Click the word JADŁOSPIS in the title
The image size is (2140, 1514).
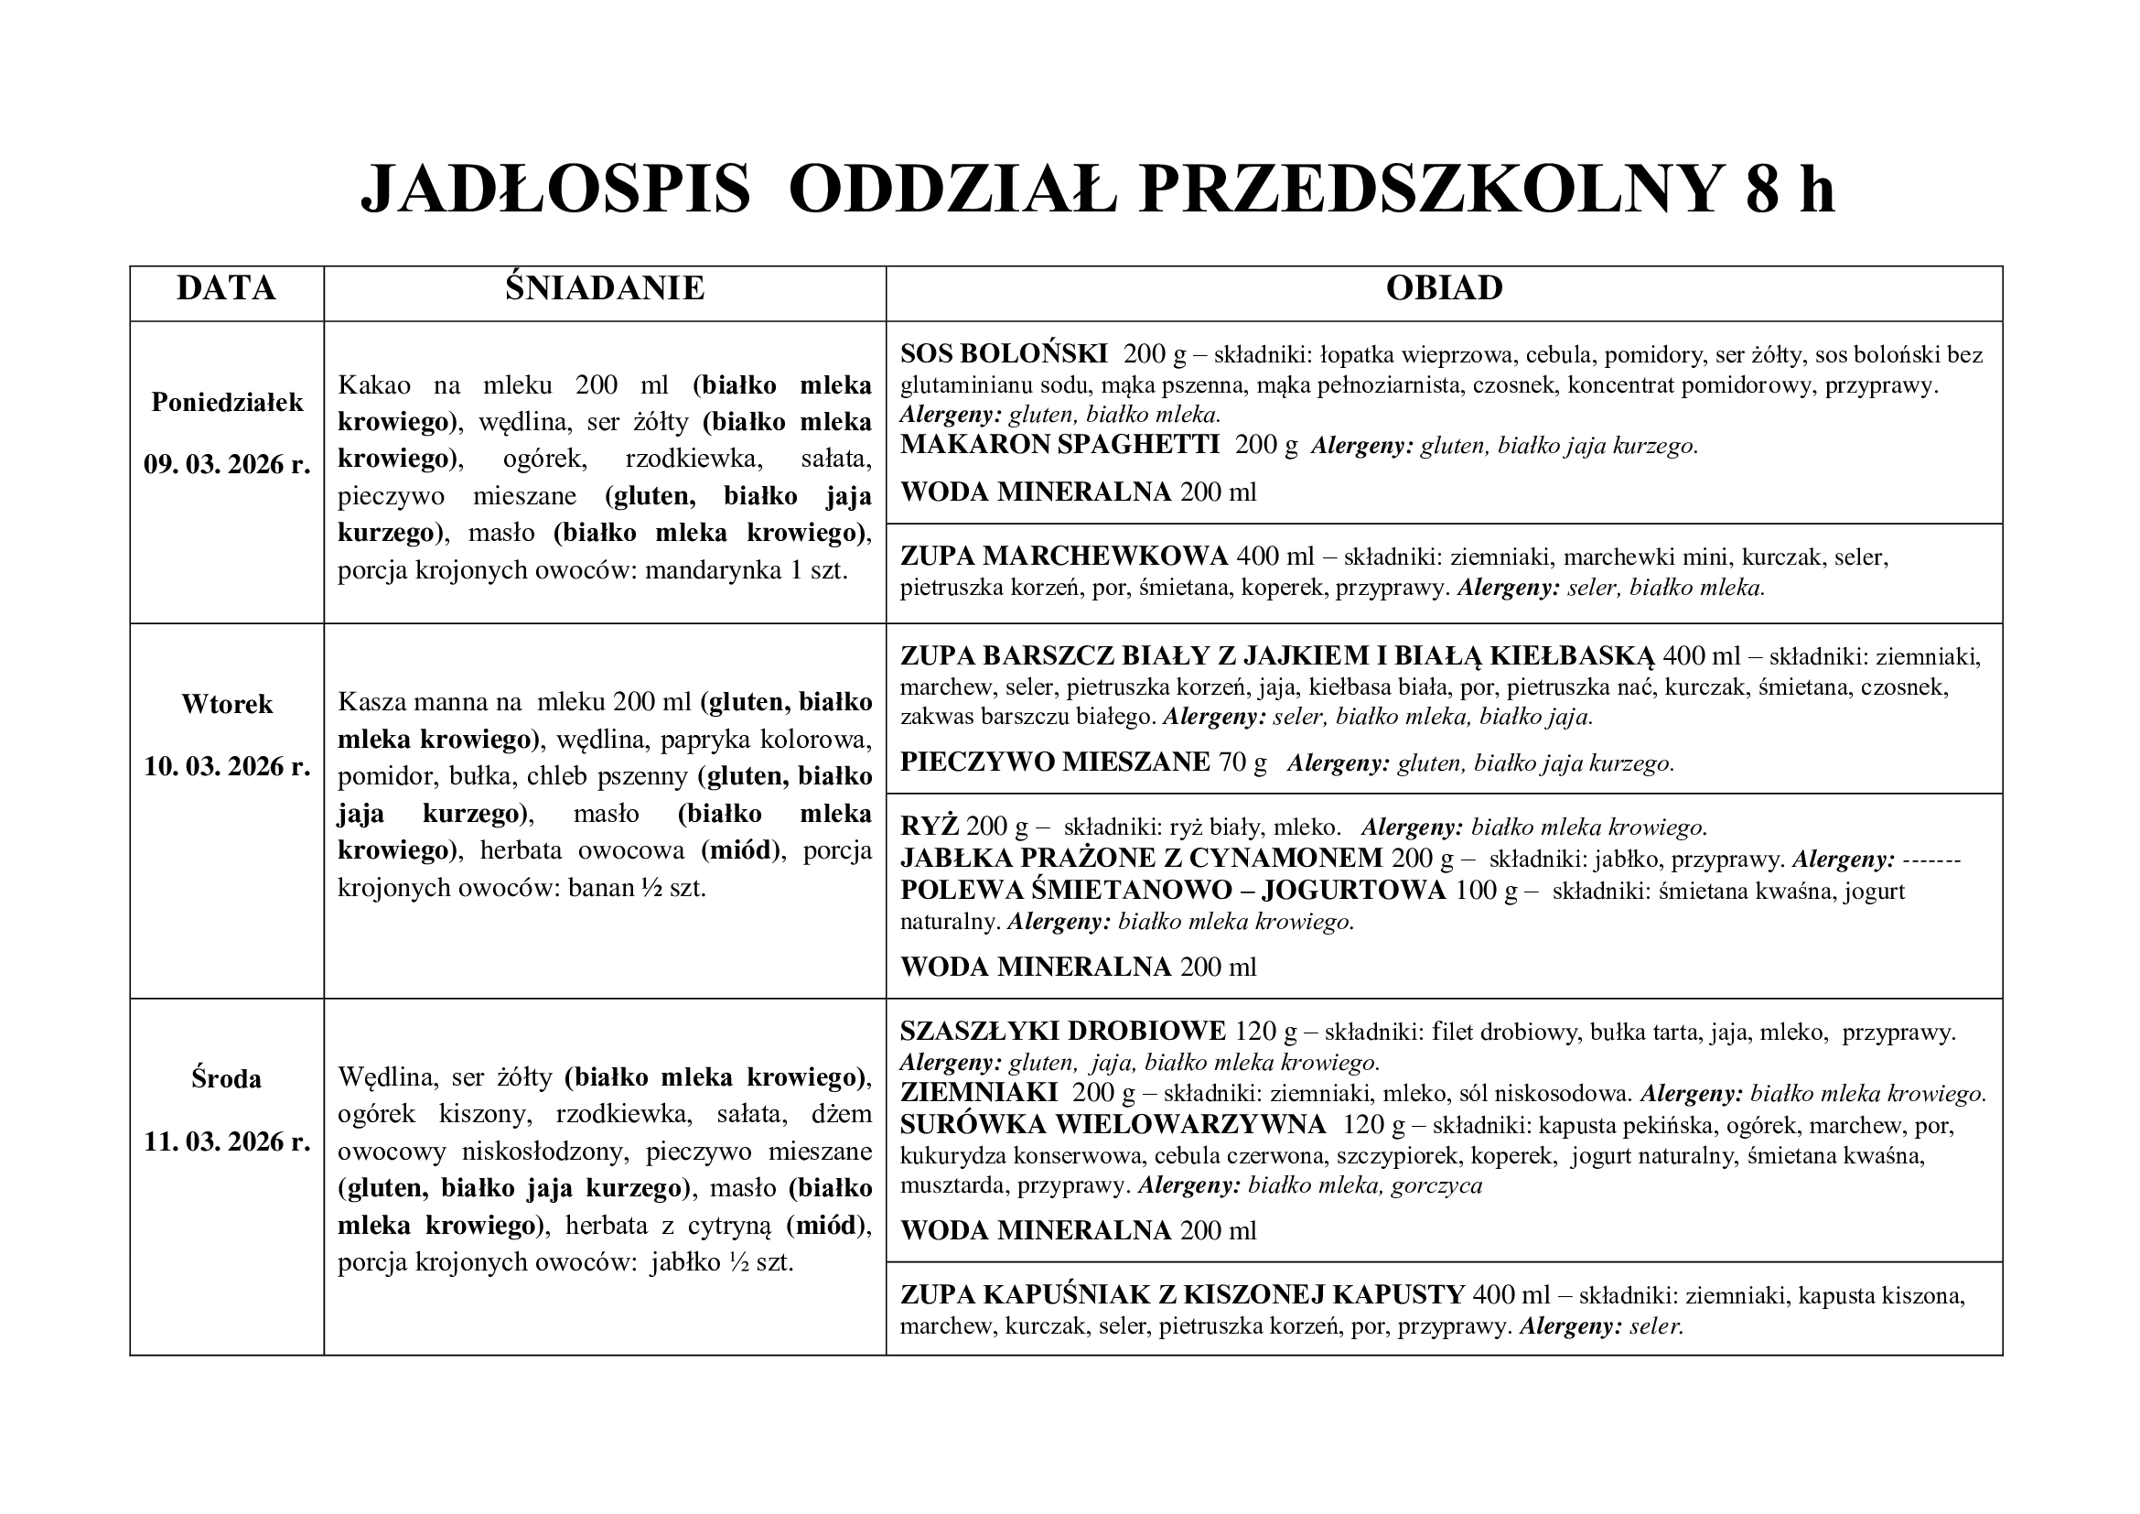coord(555,190)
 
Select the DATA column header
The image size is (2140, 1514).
coord(227,288)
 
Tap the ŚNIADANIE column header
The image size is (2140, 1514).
coord(605,288)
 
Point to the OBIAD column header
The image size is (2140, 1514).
coord(1444,288)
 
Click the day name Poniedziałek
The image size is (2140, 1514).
coord(228,403)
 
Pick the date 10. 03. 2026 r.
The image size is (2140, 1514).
coord(227,766)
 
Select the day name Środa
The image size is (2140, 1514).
coord(227,1079)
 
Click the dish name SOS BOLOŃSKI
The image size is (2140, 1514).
coord(1004,354)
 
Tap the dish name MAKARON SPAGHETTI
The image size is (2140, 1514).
coord(1059,445)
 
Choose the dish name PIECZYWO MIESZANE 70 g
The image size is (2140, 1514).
coord(1083,762)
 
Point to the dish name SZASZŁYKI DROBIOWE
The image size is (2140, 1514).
coord(1062,1031)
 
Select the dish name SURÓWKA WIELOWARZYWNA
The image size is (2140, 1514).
coord(1113,1125)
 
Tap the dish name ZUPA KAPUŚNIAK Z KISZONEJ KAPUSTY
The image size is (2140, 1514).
coord(1183,1295)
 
